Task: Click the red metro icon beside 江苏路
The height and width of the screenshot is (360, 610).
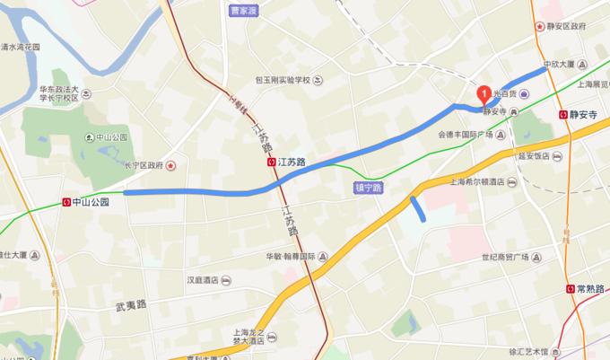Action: tap(271, 162)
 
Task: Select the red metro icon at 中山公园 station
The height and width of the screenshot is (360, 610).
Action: tap(66, 202)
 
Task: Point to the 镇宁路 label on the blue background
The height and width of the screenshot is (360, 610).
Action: tap(369, 189)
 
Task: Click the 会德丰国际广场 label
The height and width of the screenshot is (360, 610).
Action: tap(466, 135)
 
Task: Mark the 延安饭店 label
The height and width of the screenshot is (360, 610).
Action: tap(535, 155)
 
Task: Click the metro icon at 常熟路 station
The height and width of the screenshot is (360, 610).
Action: tap(571, 288)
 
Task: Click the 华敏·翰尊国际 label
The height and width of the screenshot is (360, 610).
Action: tap(289, 256)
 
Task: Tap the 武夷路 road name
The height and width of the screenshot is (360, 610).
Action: tap(130, 306)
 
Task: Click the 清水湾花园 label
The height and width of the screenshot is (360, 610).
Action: tap(21, 47)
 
